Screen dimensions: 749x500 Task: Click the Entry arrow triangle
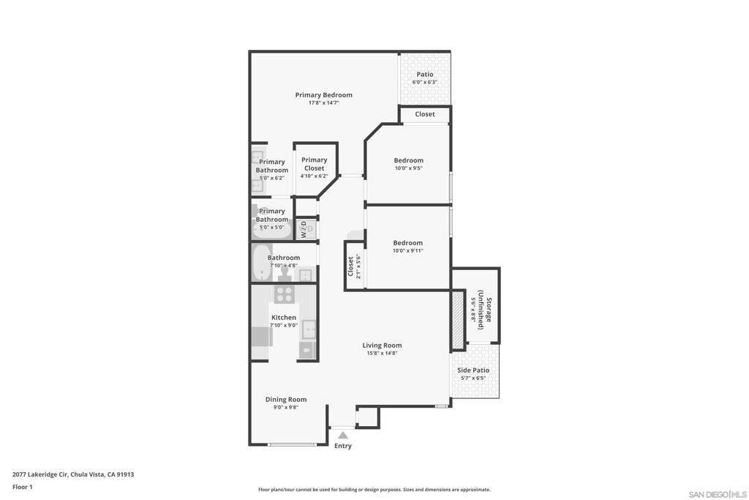(343, 435)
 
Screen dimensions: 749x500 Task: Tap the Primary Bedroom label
(324, 94)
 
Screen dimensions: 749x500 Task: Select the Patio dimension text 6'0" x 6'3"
(425, 82)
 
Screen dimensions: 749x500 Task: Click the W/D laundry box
(306, 229)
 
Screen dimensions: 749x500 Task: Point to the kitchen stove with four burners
(285, 294)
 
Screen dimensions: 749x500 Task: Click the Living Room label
(382, 345)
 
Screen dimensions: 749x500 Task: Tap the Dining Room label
(286, 399)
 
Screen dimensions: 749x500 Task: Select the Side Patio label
(473, 370)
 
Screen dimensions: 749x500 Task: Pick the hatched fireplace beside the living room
(458, 319)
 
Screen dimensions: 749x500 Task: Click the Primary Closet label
(315, 164)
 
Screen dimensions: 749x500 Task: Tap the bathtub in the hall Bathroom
(263, 263)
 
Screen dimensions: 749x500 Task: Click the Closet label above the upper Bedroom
(425, 113)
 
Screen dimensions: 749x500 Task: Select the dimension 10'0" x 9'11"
(408, 250)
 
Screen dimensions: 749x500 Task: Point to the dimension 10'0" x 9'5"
(408, 168)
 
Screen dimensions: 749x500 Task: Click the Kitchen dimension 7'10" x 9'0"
(284, 325)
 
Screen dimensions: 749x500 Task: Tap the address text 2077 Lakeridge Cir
(40, 474)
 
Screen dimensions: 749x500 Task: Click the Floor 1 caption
(23, 487)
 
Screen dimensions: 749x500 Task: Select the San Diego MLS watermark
(718, 494)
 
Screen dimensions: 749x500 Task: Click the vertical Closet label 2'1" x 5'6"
(354, 266)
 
